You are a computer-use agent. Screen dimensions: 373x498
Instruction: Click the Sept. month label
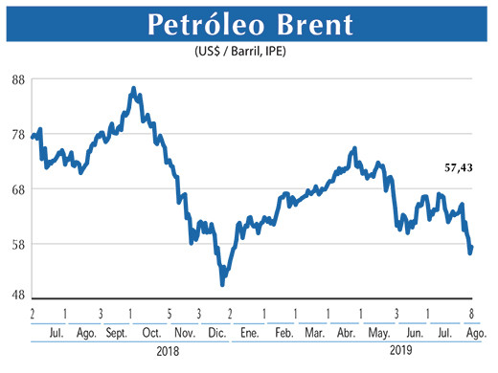[117, 331]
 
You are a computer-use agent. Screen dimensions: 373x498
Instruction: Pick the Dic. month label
[217, 331]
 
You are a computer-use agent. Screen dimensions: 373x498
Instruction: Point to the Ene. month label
[250, 331]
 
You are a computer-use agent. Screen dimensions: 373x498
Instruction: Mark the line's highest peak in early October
[132, 88]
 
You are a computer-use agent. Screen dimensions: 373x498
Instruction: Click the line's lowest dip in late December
[222, 284]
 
